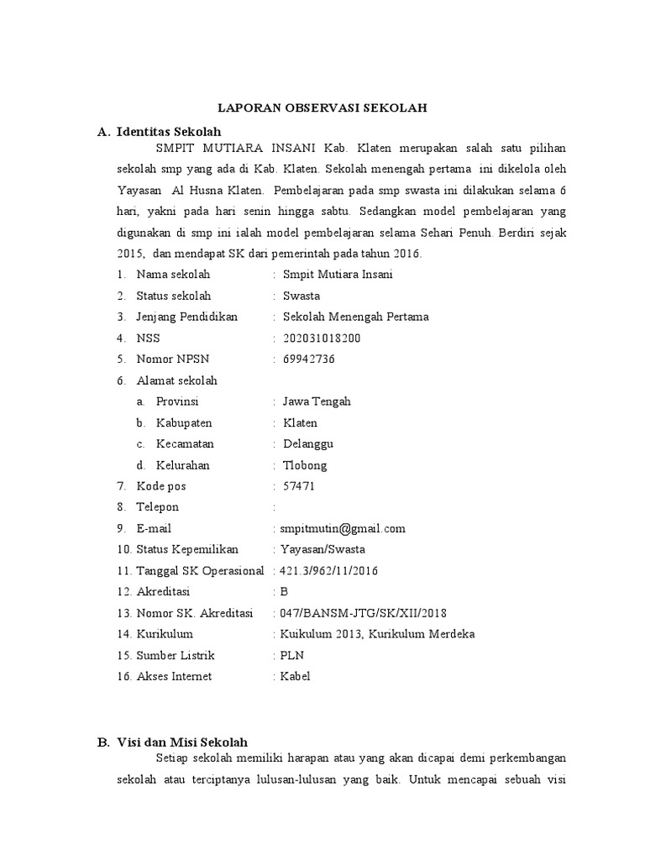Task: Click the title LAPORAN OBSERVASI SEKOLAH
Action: pyautogui.click(x=323, y=108)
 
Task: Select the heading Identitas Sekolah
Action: pyautogui.click(x=169, y=132)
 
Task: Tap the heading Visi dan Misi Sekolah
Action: pyautogui.click(x=182, y=742)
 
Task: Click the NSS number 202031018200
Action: pyautogui.click(x=323, y=338)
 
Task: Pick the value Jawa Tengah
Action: pyautogui.click(x=317, y=401)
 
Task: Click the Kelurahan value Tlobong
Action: pyautogui.click(x=306, y=465)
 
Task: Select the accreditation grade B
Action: pyautogui.click(x=284, y=592)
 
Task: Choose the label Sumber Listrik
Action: pyautogui.click(x=176, y=655)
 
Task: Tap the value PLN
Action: pyautogui.click(x=291, y=655)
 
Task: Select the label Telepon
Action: pyautogui.click(x=158, y=507)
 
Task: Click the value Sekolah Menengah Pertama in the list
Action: pyautogui.click(x=356, y=317)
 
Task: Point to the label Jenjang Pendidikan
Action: pyautogui.click(x=187, y=317)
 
